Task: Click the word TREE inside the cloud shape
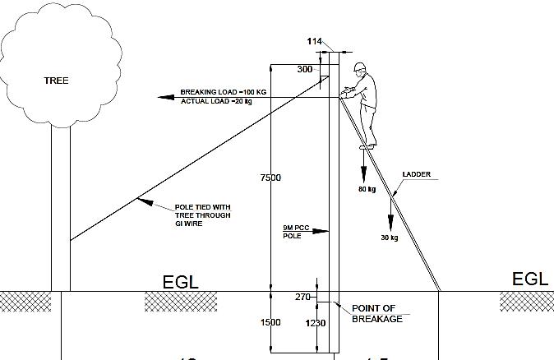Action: click(x=56, y=81)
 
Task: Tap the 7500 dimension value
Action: click(x=270, y=178)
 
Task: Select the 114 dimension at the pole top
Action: click(x=315, y=42)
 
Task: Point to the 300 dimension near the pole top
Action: click(x=305, y=70)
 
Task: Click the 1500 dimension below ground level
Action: click(x=270, y=323)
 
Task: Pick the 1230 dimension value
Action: click(x=316, y=324)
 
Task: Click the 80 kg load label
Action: click(x=366, y=189)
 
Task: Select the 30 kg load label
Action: click(x=389, y=238)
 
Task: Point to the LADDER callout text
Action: click(x=416, y=175)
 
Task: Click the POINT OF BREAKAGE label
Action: click(x=376, y=313)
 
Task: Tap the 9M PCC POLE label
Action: click(x=292, y=231)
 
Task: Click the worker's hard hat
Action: click(x=359, y=66)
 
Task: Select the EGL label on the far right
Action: click(x=529, y=279)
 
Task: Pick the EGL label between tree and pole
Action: click(x=181, y=282)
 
